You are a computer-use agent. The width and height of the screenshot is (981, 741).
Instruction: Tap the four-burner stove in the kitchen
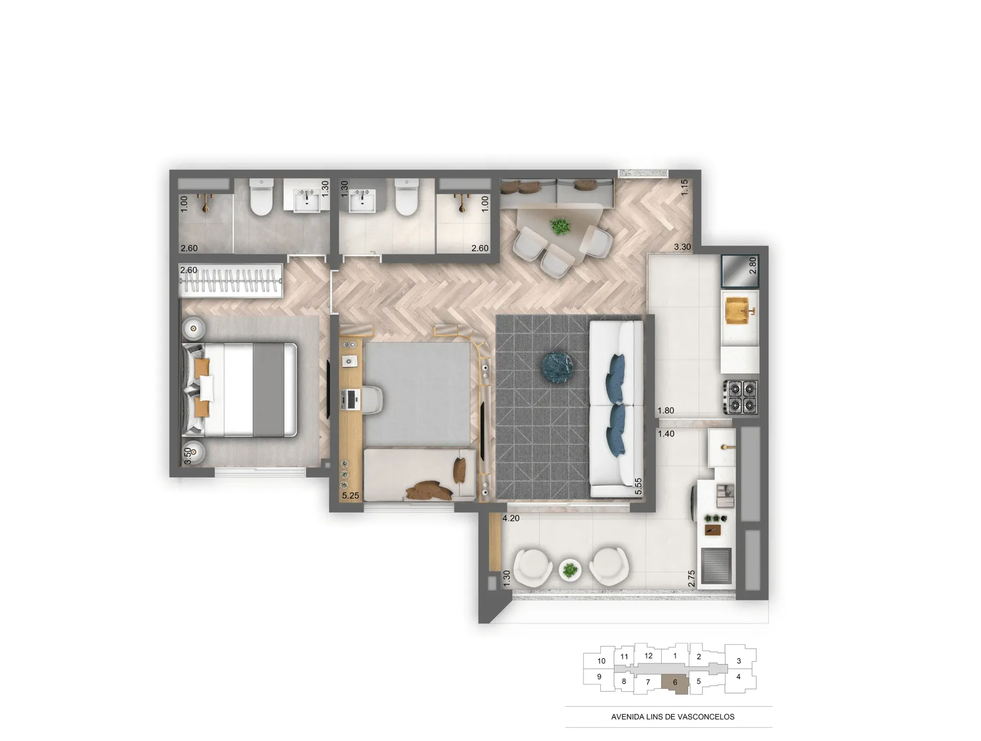(x=740, y=397)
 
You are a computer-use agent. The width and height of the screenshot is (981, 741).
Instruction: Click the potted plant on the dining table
(x=560, y=226)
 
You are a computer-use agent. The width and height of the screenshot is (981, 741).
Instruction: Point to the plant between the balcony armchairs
(x=570, y=569)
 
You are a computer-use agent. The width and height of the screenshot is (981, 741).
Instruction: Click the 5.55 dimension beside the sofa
(x=638, y=486)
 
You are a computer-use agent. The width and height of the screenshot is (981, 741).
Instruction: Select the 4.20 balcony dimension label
(x=511, y=518)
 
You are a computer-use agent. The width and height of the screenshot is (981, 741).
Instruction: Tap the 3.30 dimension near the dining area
(x=682, y=247)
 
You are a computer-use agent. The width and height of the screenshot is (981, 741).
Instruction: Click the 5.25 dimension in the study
(x=351, y=495)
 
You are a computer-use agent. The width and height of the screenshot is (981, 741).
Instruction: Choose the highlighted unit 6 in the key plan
(x=675, y=683)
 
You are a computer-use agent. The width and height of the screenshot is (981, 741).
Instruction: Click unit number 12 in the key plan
(x=648, y=656)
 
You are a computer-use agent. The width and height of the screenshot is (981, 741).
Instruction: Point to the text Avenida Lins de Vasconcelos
(x=672, y=716)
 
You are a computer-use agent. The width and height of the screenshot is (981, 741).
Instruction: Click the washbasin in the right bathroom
(x=362, y=201)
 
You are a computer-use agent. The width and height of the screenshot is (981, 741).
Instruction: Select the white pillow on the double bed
(x=207, y=388)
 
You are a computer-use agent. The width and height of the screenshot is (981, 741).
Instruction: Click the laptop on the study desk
(x=352, y=399)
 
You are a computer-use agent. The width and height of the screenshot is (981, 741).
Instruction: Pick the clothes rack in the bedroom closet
(x=230, y=280)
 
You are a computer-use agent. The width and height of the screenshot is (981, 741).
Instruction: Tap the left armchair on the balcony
(x=533, y=567)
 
